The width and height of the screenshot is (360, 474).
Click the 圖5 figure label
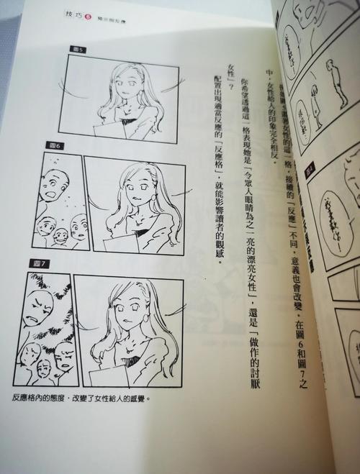pos(78,51)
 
